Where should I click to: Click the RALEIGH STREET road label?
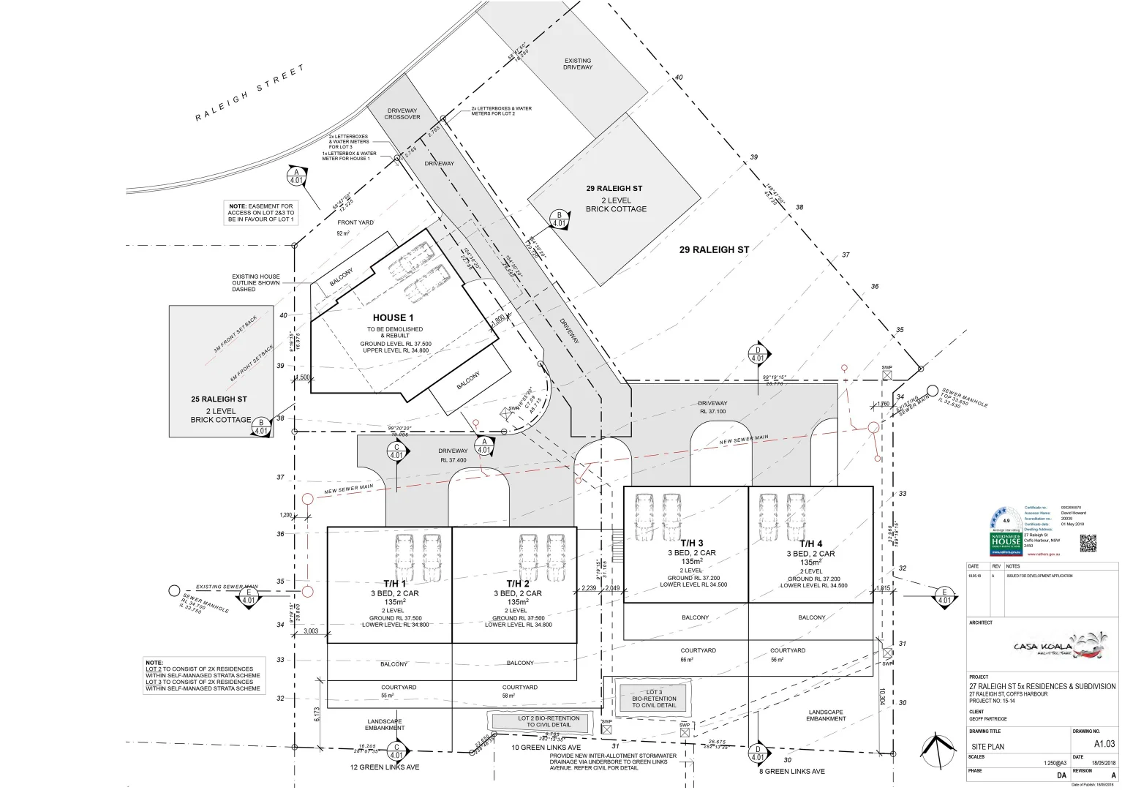click(249, 93)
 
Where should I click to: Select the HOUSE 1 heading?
click(393, 317)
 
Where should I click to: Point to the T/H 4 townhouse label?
click(810, 543)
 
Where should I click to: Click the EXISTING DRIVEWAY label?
click(578, 64)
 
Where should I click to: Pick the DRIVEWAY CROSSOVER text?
click(402, 114)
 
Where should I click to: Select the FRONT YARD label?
click(355, 222)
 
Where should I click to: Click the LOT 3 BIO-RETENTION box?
click(654, 699)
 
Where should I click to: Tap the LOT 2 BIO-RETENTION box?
click(549, 721)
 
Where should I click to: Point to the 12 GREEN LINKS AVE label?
click(385, 767)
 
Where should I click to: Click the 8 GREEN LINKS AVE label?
click(792, 771)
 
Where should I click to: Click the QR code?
click(1088, 543)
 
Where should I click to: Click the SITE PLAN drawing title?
click(987, 747)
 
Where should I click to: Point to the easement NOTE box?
click(261, 213)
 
